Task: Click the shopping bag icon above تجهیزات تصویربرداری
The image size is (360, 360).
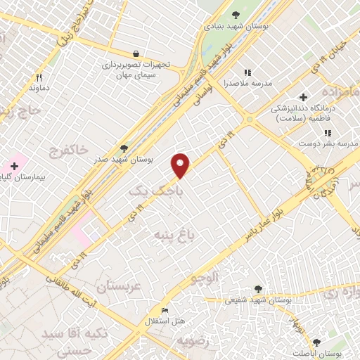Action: pyautogui.click(x=136, y=53)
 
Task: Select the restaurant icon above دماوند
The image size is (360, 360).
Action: pyautogui.click(x=39, y=78)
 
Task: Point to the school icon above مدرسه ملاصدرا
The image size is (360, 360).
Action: pyautogui.click(x=247, y=72)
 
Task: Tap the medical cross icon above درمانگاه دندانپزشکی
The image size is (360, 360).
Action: pyautogui.click(x=303, y=98)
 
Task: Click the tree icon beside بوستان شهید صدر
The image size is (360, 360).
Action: pyautogui.click(x=124, y=148)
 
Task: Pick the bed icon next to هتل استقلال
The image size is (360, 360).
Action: pyautogui.click(x=165, y=310)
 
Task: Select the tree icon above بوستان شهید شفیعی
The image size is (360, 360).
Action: pyautogui.click(x=258, y=288)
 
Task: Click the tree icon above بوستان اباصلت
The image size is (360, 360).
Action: pyautogui.click(x=316, y=342)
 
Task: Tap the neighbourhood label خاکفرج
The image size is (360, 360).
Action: pyautogui.click(x=70, y=149)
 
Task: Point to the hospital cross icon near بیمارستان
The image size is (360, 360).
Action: pyautogui.click(x=14, y=165)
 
